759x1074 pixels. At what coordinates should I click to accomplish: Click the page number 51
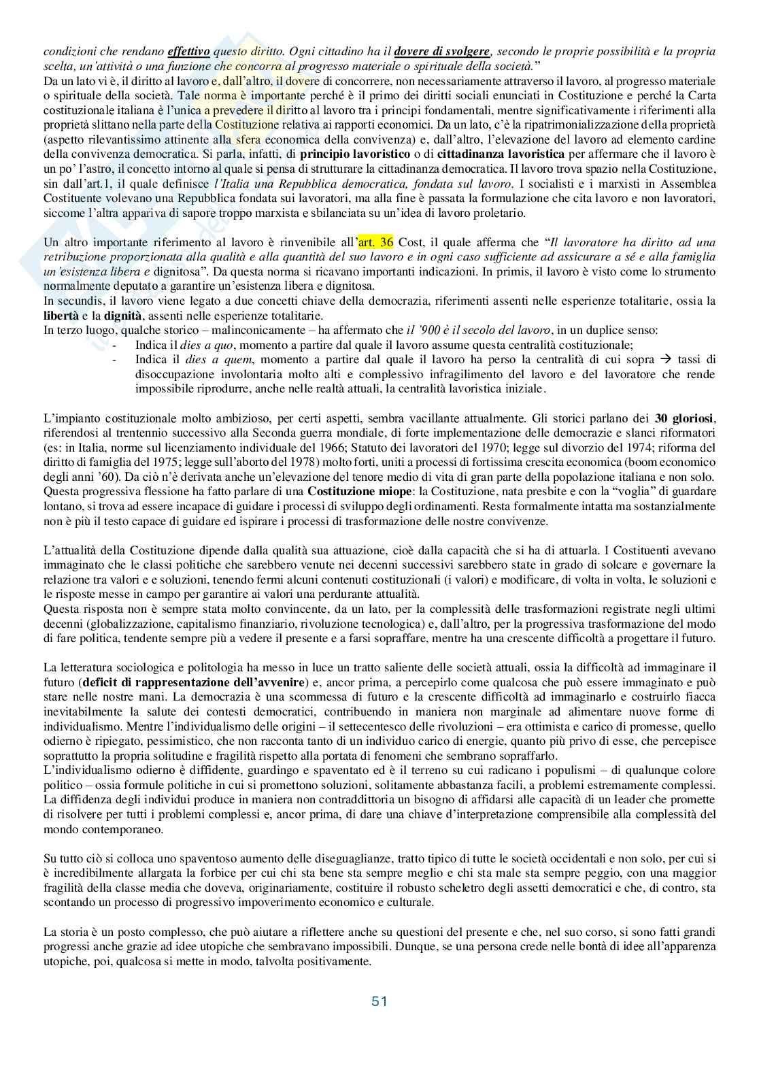pos(379,1001)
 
